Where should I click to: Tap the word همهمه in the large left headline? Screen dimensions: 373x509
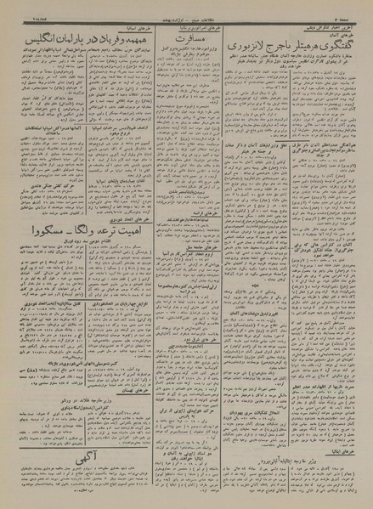click(110, 40)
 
